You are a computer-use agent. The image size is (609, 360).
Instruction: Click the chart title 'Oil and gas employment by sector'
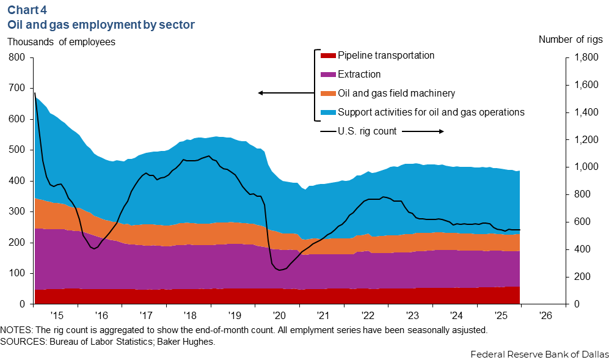click(101, 25)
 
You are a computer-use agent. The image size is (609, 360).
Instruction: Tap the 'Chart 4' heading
click(27, 10)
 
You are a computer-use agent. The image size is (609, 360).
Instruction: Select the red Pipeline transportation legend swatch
click(327, 56)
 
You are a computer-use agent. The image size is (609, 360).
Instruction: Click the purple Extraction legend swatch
click(327, 75)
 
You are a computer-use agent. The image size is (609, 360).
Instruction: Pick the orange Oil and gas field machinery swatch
click(327, 94)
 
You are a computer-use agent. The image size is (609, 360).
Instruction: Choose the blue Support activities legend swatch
click(327, 112)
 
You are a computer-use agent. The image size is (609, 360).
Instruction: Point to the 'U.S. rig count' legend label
click(367, 131)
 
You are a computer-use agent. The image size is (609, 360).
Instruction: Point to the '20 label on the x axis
click(279, 316)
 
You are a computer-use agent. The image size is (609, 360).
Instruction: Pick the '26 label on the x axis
click(545, 316)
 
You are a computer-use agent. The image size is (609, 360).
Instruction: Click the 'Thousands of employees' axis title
click(61, 42)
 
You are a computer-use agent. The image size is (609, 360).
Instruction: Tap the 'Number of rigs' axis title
click(570, 40)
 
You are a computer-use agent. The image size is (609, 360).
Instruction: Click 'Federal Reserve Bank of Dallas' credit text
click(539, 354)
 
